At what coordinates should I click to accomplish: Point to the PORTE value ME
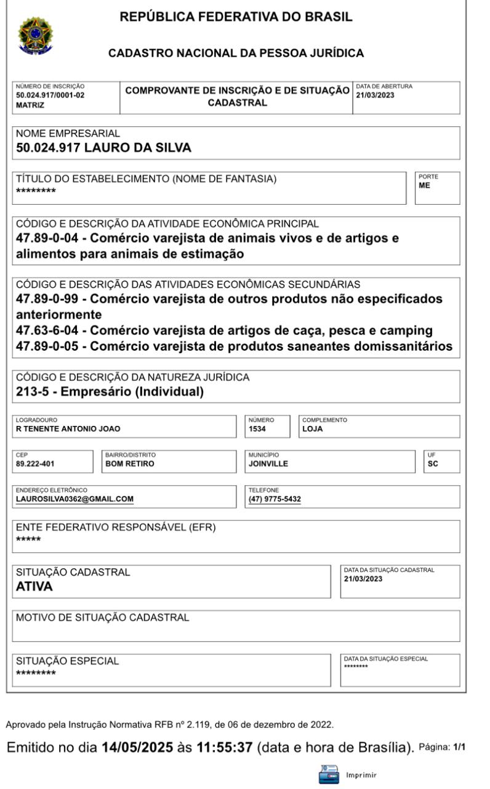tap(424, 183)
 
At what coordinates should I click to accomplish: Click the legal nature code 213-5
tap(33, 390)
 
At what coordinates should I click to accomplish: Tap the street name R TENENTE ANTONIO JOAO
tap(68, 428)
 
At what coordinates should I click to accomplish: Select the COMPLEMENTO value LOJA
tap(313, 428)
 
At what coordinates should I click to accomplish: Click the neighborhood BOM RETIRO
tap(130, 463)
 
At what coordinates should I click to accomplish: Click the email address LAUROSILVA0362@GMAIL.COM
tap(74, 499)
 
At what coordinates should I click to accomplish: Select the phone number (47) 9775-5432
tap(275, 499)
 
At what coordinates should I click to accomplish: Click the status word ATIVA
tap(34, 586)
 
